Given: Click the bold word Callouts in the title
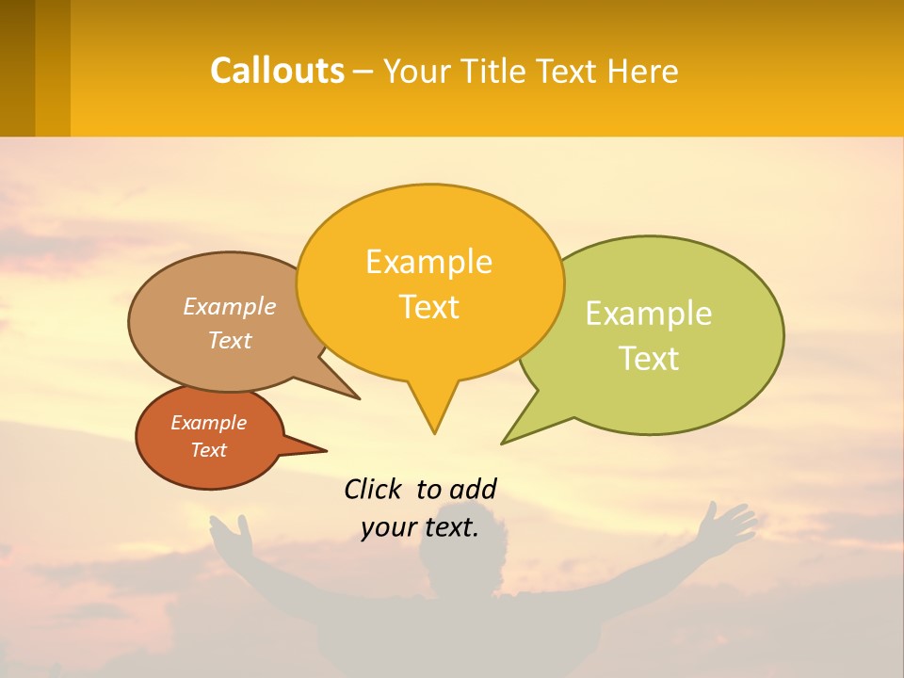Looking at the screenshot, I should click(277, 71).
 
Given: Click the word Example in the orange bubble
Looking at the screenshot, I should click(428, 262).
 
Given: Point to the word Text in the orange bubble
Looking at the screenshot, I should click(428, 307).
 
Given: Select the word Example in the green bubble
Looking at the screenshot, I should click(649, 314).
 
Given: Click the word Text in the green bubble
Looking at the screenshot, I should click(649, 358).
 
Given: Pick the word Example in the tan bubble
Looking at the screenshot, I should click(229, 306).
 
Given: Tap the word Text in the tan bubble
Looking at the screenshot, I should click(229, 340).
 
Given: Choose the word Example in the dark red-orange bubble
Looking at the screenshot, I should click(208, 423).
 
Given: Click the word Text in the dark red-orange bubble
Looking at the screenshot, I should click(208, 450).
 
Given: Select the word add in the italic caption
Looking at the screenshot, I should click(472, 489).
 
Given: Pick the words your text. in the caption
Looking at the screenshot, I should click(419, 528).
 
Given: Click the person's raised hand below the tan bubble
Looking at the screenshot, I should click(232, 536).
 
